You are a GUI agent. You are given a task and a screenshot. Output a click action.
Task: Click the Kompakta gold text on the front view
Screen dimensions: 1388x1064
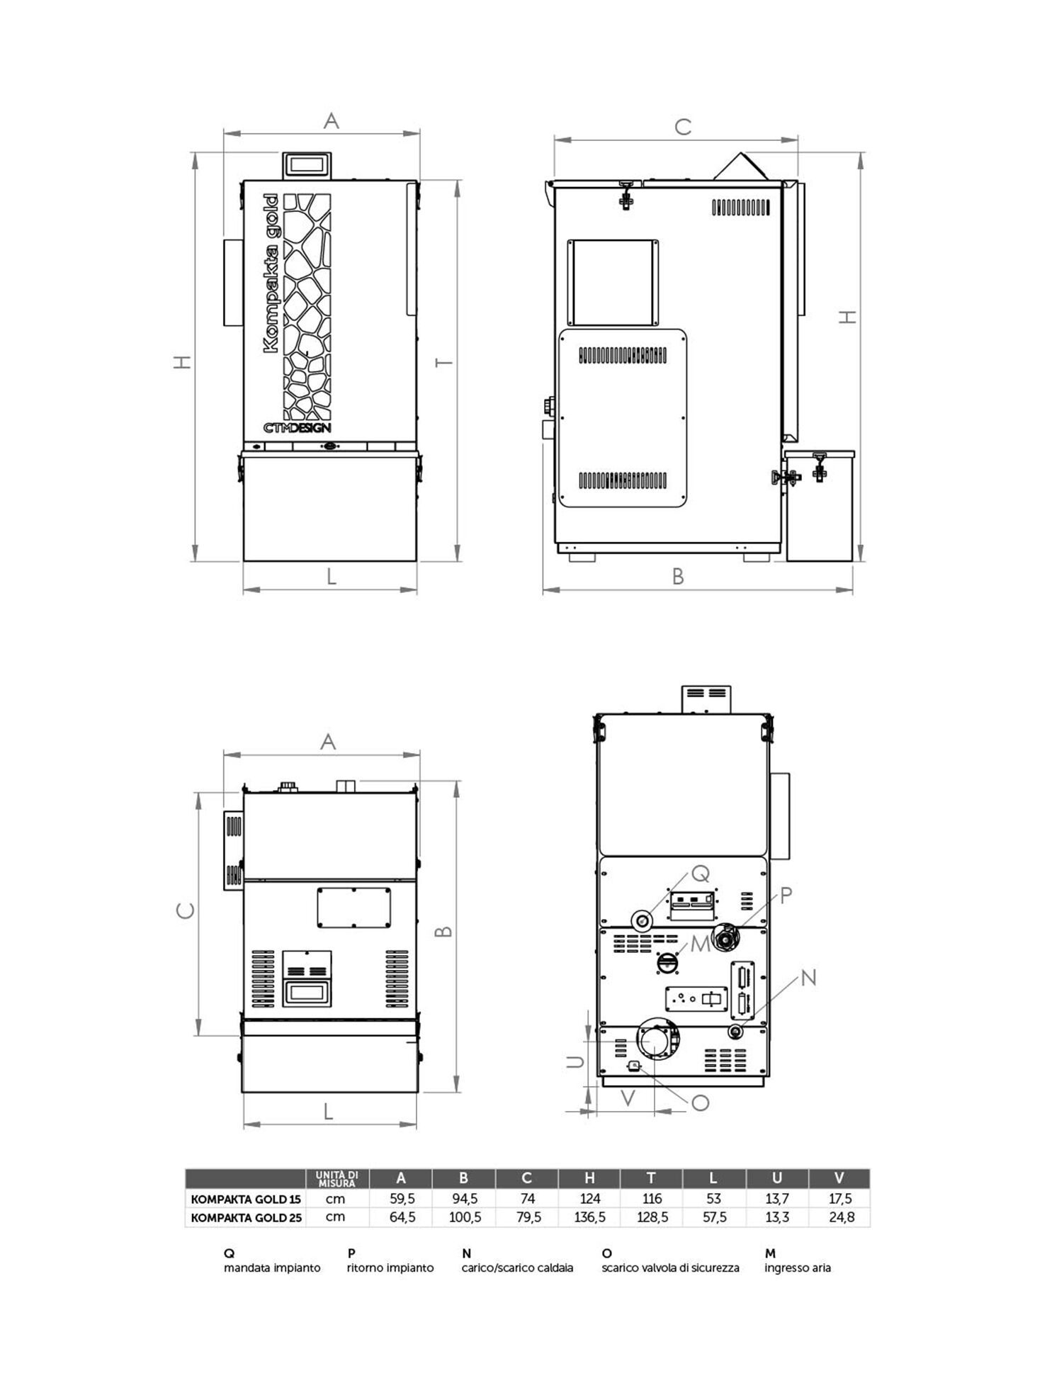tap(270, 273)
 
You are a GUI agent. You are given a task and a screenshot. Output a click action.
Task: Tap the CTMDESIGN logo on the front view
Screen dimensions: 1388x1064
tap(297, 428)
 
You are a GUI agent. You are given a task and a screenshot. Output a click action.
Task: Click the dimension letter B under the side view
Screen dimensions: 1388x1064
tap(678, 577)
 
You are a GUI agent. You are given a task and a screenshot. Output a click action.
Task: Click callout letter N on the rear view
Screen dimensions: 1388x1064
tap(808, 978)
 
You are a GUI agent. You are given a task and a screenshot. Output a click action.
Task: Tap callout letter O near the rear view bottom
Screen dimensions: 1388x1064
tap(700, 1102)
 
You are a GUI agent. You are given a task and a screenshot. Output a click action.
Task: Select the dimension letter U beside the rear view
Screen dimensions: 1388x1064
tap(575, 1061)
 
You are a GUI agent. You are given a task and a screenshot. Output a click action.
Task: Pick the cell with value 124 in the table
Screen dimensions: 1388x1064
tap(589, 1198)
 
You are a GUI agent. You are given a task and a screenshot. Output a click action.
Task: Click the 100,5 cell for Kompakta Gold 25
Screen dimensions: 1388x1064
tap(465, 1217)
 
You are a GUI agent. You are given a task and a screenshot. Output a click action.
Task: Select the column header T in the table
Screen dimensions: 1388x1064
tap(651, 1178)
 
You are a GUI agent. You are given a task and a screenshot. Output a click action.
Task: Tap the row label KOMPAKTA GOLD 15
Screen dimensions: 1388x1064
tap(245, 1199)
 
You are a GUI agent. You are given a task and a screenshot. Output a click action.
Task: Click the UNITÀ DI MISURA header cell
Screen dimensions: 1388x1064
tap(337, 1178)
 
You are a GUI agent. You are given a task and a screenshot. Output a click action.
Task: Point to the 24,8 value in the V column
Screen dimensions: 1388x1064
tap(841, 1217)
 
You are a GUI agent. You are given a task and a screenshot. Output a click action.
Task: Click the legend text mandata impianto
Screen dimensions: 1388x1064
tap(272, 1268)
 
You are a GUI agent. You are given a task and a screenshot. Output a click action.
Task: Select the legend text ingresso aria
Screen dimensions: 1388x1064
tap(797, 1268)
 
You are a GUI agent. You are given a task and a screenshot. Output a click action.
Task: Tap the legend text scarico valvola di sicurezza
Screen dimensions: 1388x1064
tap(670, 1268)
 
